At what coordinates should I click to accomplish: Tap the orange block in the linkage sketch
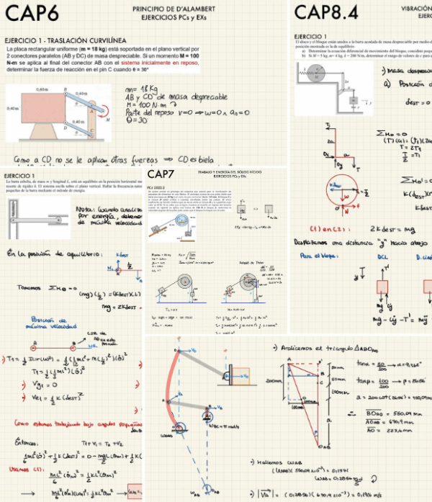(243, 377)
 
